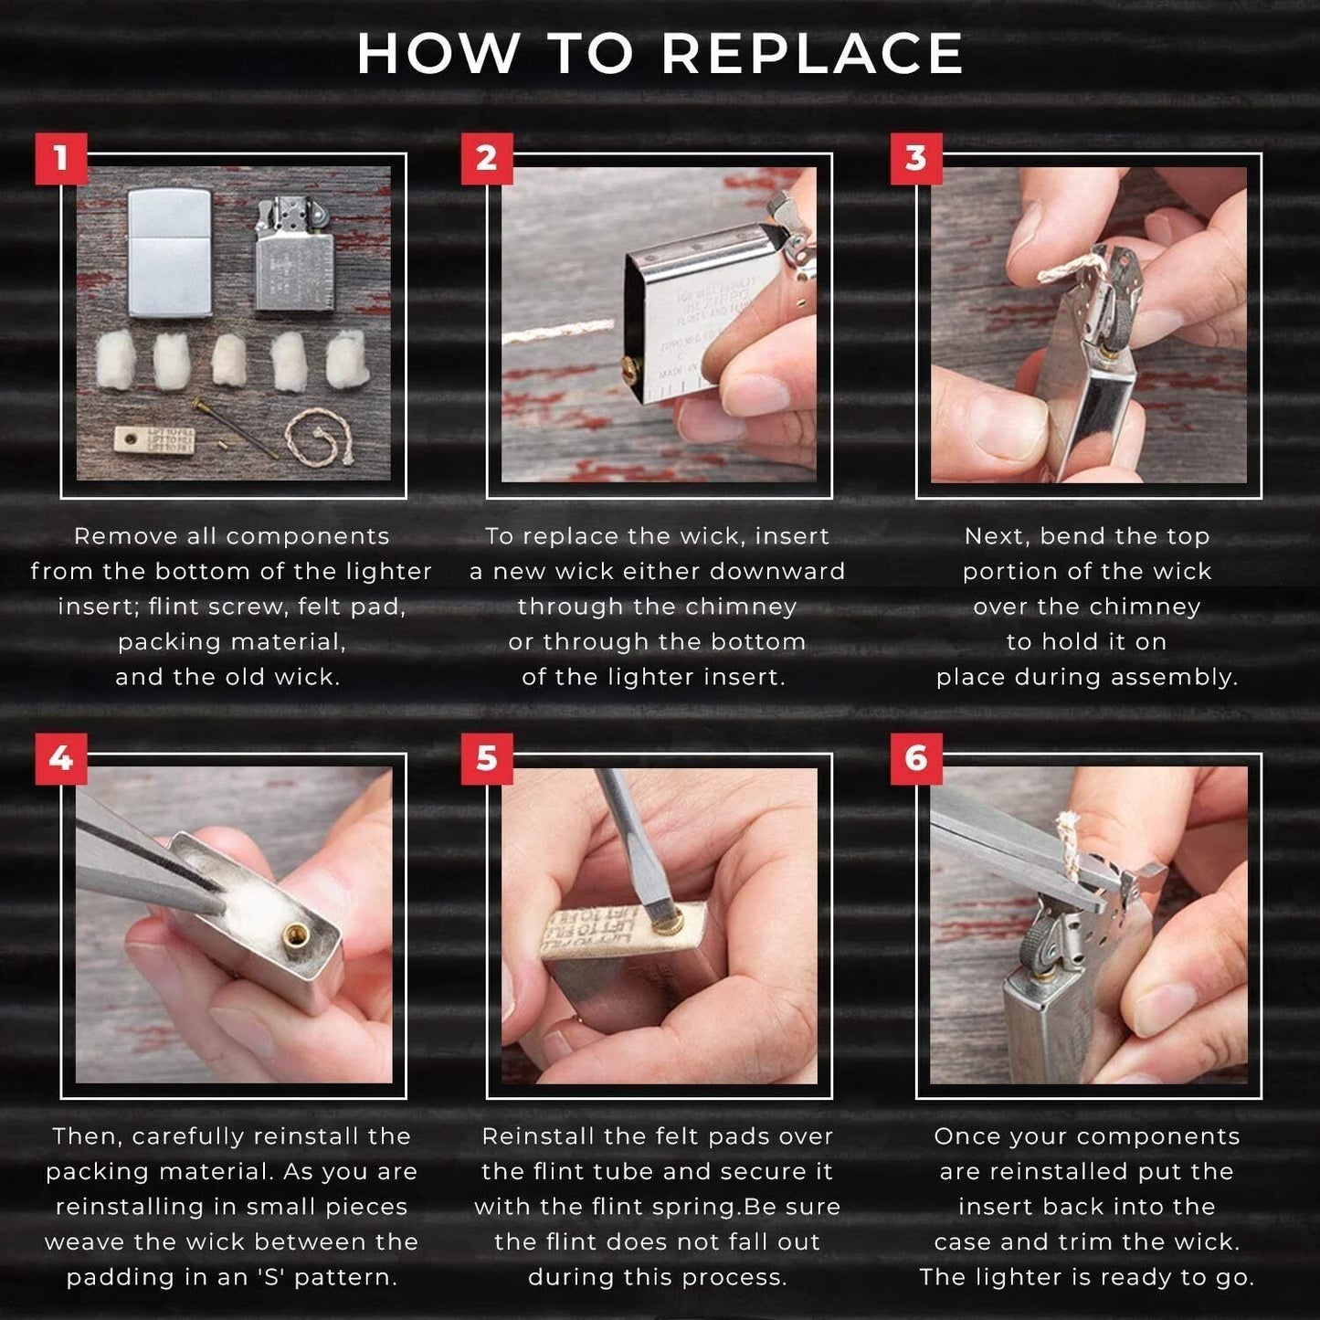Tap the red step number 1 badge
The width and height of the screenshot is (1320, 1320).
(61, 159)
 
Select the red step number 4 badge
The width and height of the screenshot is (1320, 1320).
(61, 758)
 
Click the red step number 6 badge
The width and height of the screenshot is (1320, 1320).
(916, 758)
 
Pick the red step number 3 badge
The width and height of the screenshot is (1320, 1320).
(916, 159)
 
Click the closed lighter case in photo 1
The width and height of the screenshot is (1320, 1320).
(170, 253)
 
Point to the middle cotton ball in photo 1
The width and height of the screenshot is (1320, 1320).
(229, 359)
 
